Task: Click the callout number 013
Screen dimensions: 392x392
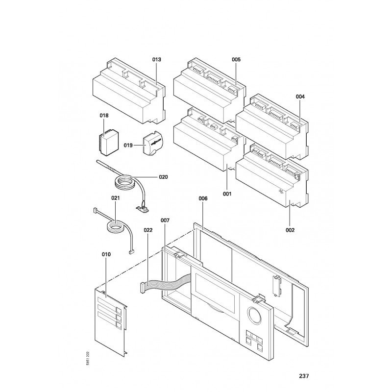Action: (156, 59)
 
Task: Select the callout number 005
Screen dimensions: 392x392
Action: (236, 59)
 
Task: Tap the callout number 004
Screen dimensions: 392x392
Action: (300, 97)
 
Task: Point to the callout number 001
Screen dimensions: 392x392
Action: (227, 194)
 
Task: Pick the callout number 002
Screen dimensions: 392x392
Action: (290, 229)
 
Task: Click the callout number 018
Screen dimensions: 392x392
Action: (104, 116)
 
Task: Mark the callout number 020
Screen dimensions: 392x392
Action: (163, 177)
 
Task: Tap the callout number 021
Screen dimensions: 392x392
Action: (116, 198)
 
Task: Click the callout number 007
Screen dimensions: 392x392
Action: (165, 221)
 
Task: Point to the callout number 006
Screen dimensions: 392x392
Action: (202, 199)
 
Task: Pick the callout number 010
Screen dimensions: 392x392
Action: (106, 254)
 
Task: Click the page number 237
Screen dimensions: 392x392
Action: (304, 376)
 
